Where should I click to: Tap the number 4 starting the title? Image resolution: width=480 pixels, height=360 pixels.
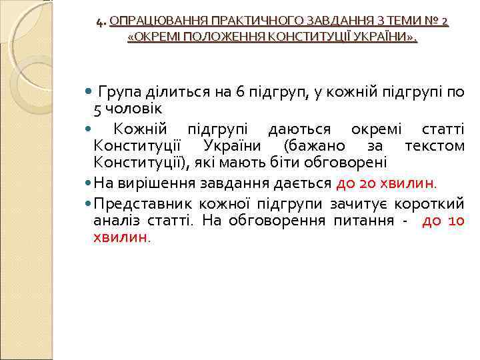click(99, 22)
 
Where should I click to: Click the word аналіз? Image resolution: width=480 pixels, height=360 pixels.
click(117, 221)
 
